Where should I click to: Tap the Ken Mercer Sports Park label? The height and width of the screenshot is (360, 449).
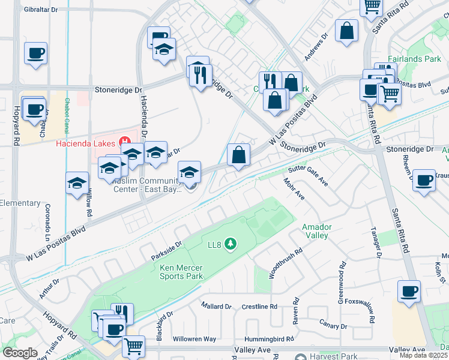[x=181, y=272]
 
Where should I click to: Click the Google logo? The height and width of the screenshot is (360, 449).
[x=20, y=352]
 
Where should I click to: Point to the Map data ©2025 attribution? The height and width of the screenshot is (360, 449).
[x=424, y=355]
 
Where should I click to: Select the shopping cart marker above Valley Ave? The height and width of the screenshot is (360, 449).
[x=133, y=346]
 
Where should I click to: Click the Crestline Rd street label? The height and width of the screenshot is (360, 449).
[x=259, y=306]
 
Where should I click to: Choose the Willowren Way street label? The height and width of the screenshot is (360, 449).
[x=194, y=339]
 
